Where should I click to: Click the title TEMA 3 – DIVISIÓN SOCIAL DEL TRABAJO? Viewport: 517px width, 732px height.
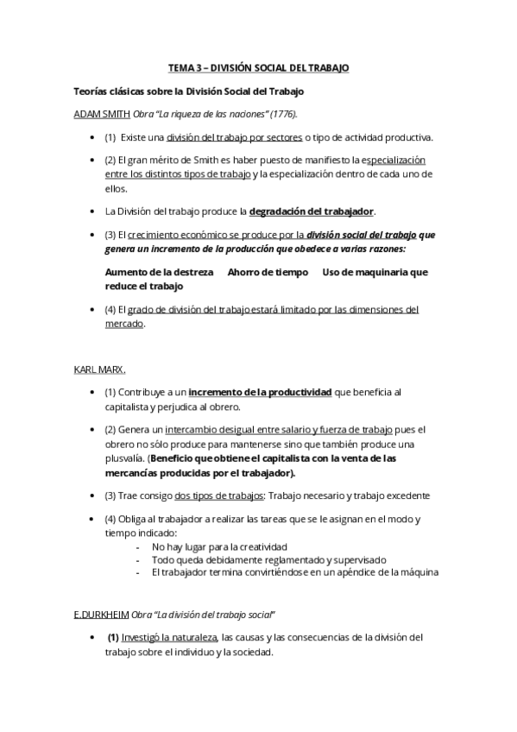click(x=258, y=67)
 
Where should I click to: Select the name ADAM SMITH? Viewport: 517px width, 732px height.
click(x=101, y=114)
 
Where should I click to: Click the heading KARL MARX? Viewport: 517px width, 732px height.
click(x=100, y=369)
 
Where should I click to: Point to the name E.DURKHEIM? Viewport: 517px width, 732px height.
click(x=101, y=614)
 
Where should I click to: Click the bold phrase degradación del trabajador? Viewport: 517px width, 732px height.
click(x=311, y=211)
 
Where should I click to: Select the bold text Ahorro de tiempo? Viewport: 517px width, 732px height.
click(x=268, y=272)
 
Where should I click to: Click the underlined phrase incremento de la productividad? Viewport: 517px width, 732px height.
click(x=260, y=392)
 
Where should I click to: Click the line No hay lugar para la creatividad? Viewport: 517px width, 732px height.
click(x=219, y=546)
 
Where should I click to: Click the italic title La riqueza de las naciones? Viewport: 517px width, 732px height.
click(x=207, y=114)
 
